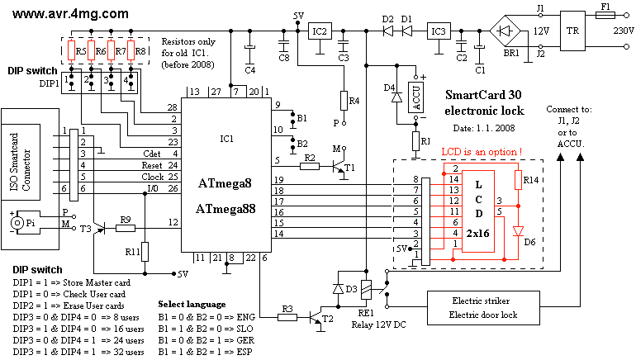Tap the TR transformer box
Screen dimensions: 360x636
[x=572, y=31]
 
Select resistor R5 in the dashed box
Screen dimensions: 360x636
[x=72, y=52]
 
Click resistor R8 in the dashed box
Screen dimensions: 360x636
[x=129, y=52]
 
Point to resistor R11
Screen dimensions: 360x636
[x=145, y=250]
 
